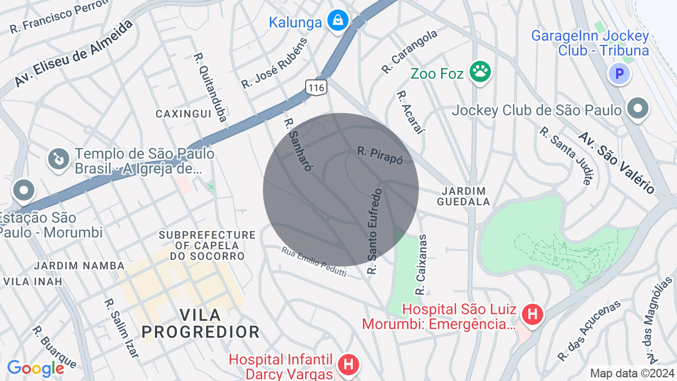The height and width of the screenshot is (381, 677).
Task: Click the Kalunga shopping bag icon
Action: [x=337, y=21]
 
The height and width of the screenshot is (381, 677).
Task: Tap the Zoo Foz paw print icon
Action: [x=480, y=72]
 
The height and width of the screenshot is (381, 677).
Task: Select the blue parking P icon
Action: [x=619, y=74]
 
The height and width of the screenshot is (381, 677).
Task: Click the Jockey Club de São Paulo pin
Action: [x=637, y=108]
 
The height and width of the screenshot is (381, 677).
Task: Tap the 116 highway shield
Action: [x=316, y=87]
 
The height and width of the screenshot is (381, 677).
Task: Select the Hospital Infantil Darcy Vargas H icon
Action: [x=348, y=365]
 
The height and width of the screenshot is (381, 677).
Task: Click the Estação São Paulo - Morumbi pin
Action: [x=24, y=191]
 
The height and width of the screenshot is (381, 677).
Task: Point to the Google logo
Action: [x=35, y=368]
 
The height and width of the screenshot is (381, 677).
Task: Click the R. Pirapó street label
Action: [x=380, y=155]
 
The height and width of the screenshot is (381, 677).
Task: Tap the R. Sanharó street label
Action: [x=298, y=144]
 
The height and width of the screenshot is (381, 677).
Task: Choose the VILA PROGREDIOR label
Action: [x=201, y=323]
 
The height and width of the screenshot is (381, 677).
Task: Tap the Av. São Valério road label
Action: [x=617, y=162]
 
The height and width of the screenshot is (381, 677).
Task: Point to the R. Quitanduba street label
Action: [x=210, y=87]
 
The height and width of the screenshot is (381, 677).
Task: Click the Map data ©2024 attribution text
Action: [x=632, y=373]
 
